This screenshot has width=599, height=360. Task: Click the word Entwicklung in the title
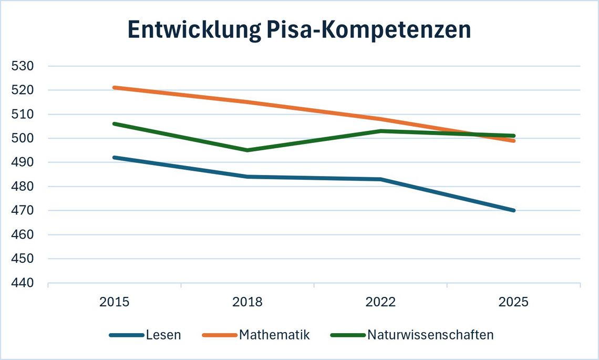coord(194,30)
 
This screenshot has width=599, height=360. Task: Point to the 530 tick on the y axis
coord(23,66)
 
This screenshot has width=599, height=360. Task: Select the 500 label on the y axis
coord(23,138)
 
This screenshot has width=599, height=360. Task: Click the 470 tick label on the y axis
coord(23,211)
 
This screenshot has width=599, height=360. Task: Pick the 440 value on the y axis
coord(23,283)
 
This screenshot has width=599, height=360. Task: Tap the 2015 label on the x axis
coord(114,302)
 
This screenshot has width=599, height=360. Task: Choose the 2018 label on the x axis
coord(247,302)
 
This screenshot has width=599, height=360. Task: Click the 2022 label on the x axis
coord(380,302)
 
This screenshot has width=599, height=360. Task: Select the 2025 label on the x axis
coord(514,302)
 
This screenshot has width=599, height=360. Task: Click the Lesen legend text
coord(163,335)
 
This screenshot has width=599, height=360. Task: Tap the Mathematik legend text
coord(274,335)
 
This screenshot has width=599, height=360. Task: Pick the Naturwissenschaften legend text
coord(430,335)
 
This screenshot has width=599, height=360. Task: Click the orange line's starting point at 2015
coord(115,88)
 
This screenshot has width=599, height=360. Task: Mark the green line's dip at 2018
coord(247,150)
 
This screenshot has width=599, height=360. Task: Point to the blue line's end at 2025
coord(514,211)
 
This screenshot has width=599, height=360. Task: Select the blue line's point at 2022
coord(381,179)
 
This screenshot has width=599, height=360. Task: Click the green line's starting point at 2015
coord(115,124)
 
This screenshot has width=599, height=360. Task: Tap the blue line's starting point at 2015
coord(115,158)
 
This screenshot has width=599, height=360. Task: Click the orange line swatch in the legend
coord(220,335)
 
